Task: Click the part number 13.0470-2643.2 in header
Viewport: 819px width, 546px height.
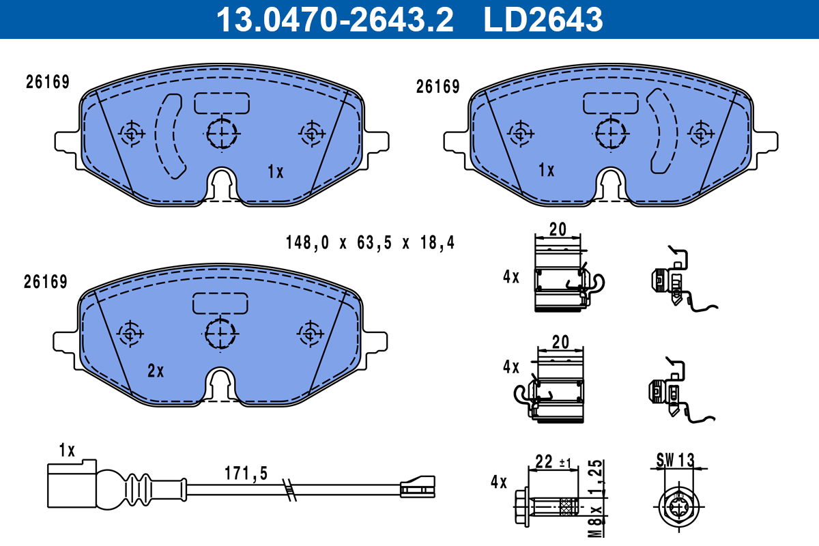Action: click(x=334, y=20)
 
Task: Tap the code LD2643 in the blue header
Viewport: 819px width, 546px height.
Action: click(x=543, y=20)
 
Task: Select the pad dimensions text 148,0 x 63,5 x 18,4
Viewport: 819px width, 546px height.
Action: click(x=369, y=243)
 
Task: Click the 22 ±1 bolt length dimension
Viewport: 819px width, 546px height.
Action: click(x=553, y=462)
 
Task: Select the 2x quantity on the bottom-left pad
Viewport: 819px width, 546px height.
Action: click(x=156, y=371)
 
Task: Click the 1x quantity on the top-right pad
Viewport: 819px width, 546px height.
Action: click(x=546, y=170)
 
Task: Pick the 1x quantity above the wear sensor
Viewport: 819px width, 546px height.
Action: click(x=66, y=450)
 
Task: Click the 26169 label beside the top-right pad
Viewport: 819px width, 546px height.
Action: click(x=437, y=87)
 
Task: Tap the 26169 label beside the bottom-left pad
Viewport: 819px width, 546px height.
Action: click(x=45, y=282)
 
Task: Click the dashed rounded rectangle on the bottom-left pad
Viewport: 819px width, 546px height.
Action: click(x=220, y=303)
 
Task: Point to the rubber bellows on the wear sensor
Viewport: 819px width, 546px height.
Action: click(x=140, y=489)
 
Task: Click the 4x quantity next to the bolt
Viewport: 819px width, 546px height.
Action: click(x=499, y=483)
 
